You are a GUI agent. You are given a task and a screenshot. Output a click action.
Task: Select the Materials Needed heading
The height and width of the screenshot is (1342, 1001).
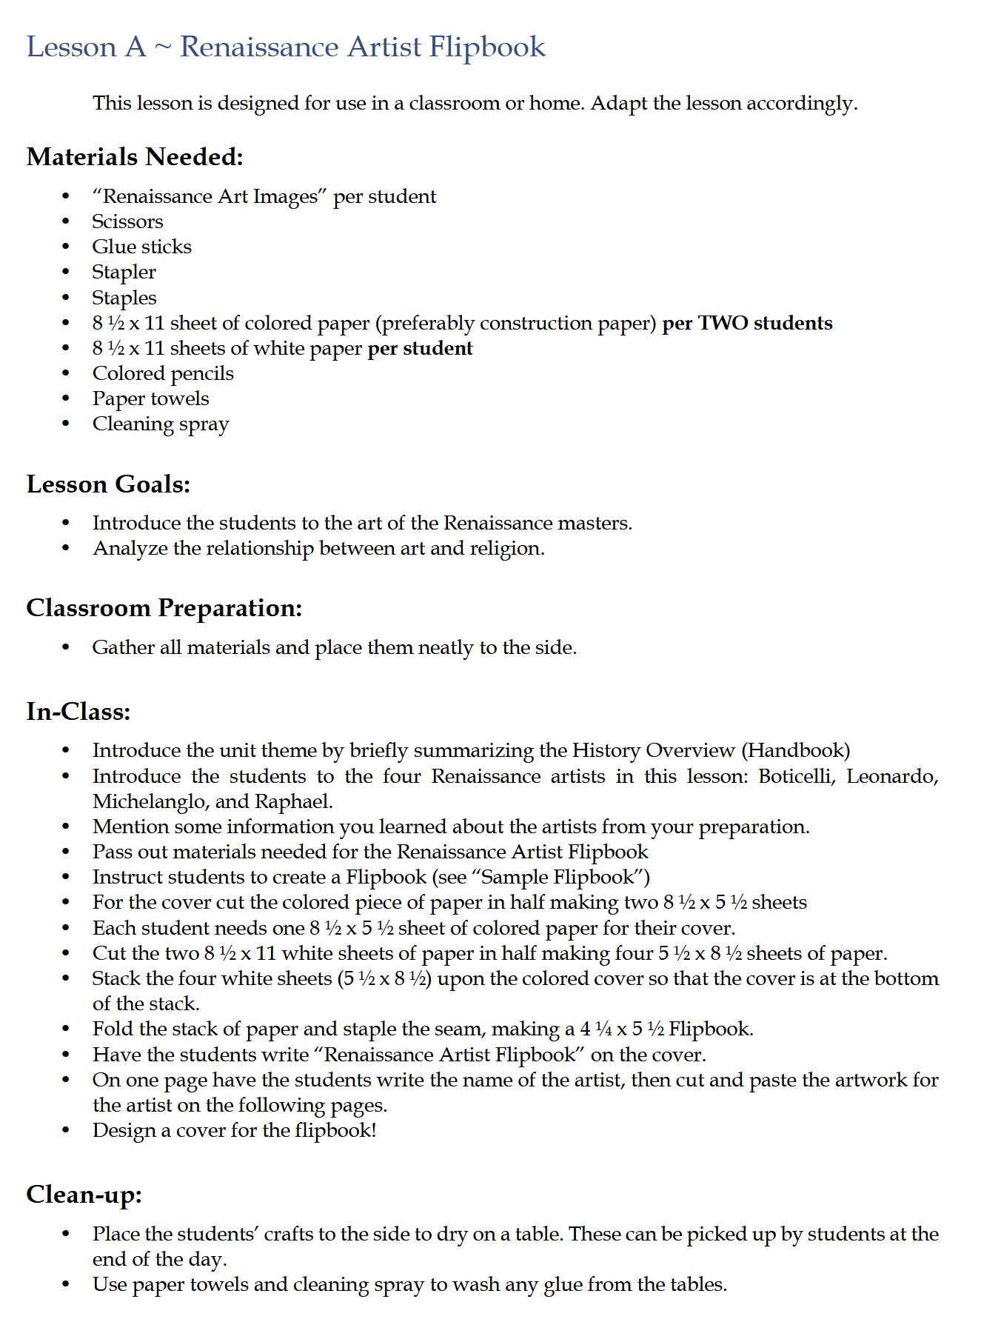click(x=135, y=157)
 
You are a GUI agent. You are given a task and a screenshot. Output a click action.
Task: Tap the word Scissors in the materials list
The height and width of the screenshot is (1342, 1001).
click(x=127, y=221)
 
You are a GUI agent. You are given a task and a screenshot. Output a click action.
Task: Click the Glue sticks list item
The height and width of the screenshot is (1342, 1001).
click(x=141, y=247)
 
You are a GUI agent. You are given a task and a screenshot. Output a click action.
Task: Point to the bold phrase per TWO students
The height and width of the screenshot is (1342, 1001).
click(x=747, y=323)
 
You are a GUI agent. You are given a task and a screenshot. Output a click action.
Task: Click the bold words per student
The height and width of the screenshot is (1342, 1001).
click(x=420, y=348)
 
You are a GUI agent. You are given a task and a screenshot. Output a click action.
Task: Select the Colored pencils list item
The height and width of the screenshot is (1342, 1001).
click(x=163, y=373)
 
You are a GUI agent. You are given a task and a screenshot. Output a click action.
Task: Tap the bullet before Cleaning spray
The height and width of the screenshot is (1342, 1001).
click(x=66, y=424)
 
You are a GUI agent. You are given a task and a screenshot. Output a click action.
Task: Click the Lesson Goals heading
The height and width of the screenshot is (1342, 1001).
click(x=108, y=484)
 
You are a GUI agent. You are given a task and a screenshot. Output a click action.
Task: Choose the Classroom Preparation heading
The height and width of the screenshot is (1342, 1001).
click(x=164, y=608)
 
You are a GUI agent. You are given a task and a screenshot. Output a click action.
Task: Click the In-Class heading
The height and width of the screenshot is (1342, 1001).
click(x=78, y=712)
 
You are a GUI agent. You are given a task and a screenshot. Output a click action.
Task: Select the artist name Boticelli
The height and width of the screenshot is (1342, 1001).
click(x=797, y=776)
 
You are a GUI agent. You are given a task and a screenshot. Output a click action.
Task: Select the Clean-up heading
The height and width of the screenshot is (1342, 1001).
click(x=84, y=1195)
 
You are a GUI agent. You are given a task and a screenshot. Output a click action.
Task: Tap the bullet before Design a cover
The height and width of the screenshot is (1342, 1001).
click(x=66, y=1131)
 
